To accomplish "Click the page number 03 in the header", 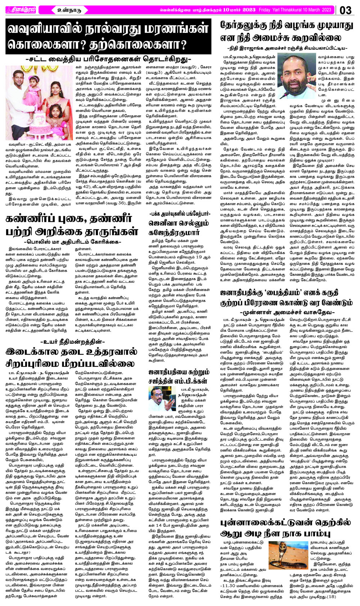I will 346,10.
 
